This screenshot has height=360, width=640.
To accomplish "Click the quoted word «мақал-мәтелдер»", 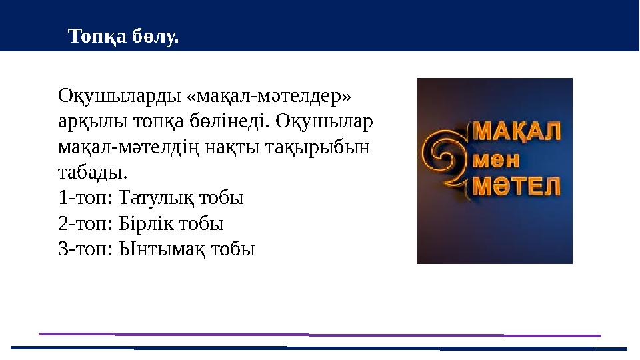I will (x=269, y=97).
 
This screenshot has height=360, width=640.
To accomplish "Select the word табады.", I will (x=91, y=173).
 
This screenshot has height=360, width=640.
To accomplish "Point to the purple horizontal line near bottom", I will (x=320, y=334).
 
